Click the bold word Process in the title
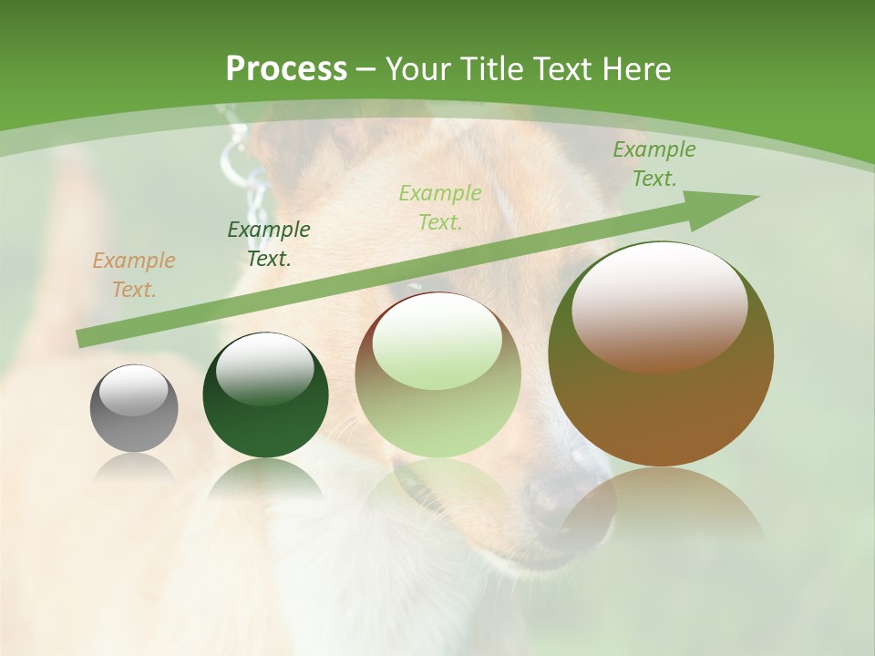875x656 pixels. [286, 69]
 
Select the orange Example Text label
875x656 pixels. [133, 275]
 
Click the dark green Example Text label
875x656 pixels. [268, 243]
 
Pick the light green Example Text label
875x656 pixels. [440, 207]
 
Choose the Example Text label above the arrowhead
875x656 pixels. [654, 164]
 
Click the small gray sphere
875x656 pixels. [134, 424]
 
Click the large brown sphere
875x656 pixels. [661, 410]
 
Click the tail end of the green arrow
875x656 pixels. [82, 339]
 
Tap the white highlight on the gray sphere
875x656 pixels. [133, 390]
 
